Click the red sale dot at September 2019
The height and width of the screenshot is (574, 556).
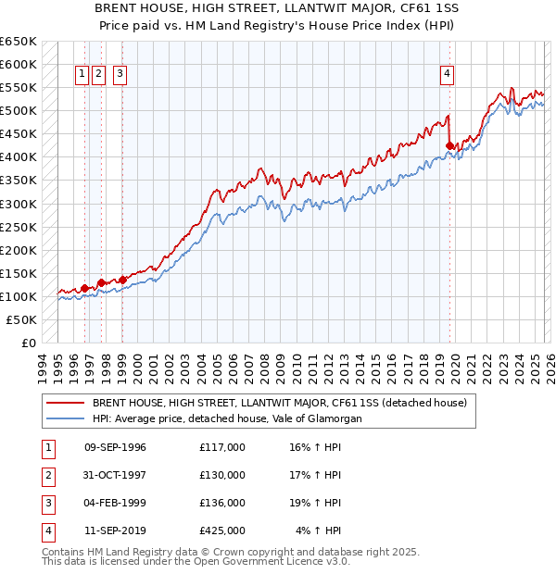pyautogui.click(x=449, y=145)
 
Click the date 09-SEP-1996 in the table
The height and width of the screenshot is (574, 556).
pyautogui.click(x=115, y=448)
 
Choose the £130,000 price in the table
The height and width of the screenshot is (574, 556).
pyautogui.click(x=221, y=475)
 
